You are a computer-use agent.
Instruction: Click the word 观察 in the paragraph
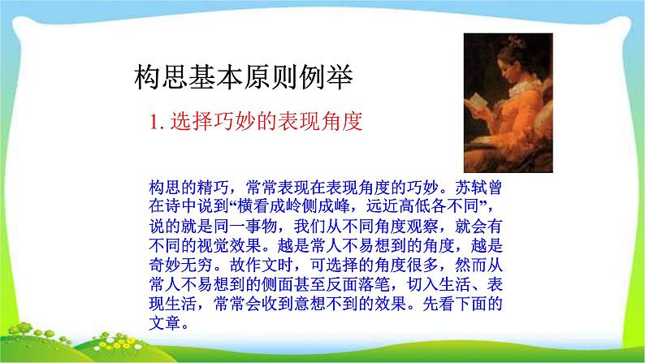428,220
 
